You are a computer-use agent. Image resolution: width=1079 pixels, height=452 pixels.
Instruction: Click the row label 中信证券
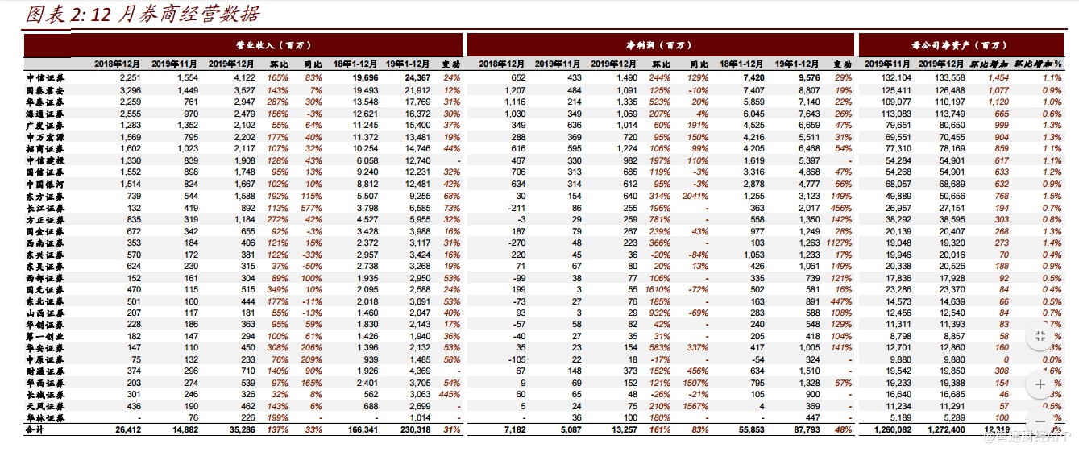coord(46,77)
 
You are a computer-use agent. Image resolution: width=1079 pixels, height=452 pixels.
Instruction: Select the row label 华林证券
coord(46,418)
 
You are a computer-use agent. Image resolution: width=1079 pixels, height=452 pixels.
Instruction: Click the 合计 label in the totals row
coord(37,430)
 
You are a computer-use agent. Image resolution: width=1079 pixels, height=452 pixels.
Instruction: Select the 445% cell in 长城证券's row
coord(450,395)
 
